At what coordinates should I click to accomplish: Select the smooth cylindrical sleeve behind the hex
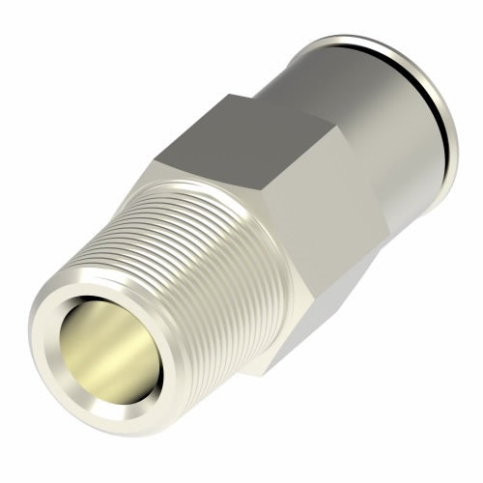[x=357, y=106]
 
